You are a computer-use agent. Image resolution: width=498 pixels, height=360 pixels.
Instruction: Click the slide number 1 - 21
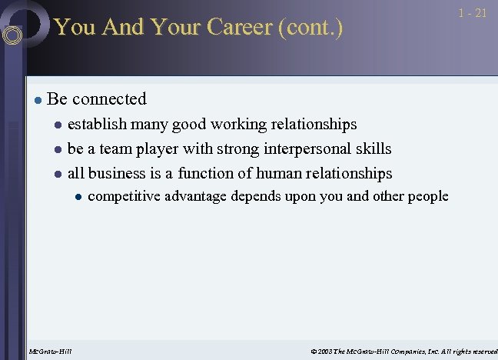coord(472,14)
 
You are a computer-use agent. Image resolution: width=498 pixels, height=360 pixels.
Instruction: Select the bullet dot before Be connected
coord(36,100)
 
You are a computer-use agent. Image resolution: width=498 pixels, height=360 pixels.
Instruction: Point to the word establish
coord(97,125)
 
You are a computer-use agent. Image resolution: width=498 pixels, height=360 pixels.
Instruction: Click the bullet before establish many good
coord(57,125)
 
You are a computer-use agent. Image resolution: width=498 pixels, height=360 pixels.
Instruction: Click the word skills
coord(371,149)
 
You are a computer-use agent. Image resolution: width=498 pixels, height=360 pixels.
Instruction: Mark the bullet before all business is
coord(57,175)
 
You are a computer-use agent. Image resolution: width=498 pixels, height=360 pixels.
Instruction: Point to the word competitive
coord(124,197)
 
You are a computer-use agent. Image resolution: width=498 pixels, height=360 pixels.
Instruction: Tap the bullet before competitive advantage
coord(78,197)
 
